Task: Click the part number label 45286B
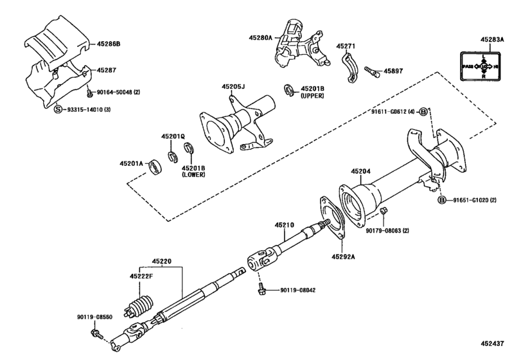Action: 110,44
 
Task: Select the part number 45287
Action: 107,69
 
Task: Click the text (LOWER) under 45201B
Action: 193,174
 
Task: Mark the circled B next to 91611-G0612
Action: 424,113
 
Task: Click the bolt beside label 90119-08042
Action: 261,291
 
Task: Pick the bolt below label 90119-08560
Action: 96,333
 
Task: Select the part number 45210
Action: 285,225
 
